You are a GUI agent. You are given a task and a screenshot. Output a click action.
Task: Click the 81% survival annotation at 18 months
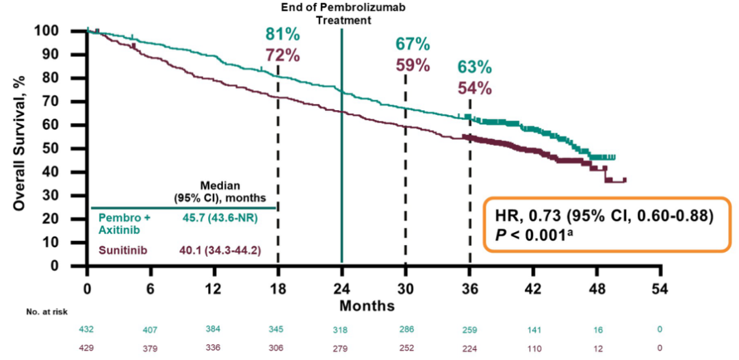point(283,35)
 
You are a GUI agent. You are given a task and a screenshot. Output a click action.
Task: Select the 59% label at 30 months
point(413,66)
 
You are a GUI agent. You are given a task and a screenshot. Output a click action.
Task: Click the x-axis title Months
point(370,305)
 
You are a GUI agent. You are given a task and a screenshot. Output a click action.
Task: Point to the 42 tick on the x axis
point(533,287)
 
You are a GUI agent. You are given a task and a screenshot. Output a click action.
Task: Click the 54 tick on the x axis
point(660,287)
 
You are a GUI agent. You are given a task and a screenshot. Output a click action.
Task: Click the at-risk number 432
point(88,329)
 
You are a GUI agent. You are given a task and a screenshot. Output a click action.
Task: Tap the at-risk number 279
point(341,348)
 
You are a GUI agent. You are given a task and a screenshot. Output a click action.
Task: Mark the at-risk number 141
point(533,329)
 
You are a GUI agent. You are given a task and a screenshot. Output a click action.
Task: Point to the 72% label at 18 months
point(283,55)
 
